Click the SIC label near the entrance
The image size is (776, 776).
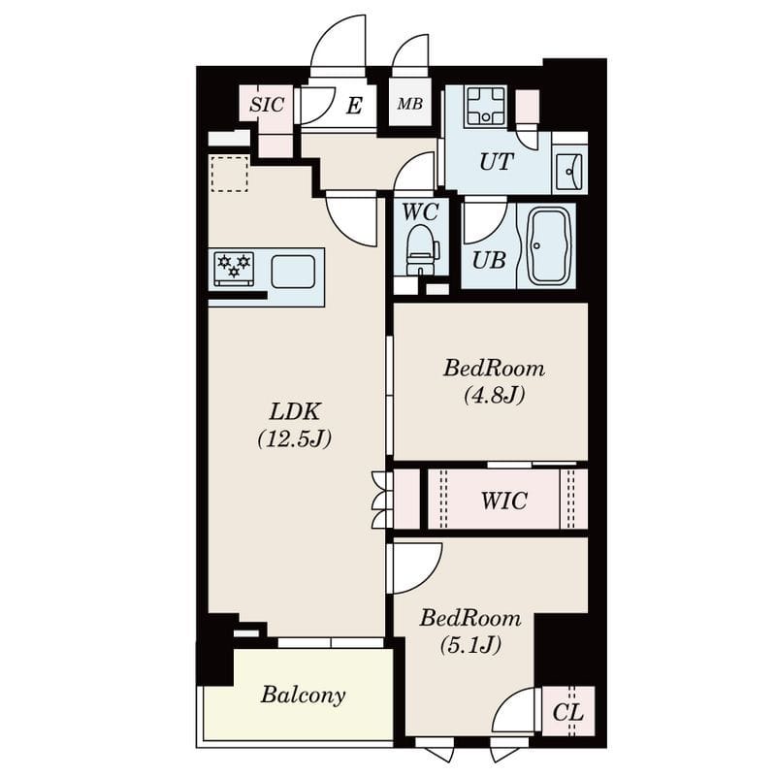tap(266, 105)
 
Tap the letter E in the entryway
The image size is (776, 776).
tap(354, 106)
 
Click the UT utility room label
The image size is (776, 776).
tap(495, 163)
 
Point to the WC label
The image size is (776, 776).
tap(420, 210)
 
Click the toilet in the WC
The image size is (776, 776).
tap(422, 250)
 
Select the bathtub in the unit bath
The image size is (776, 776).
tap(546, 245)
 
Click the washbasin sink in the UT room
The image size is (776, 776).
tap(569, 172)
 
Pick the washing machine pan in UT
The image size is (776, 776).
tap(485, 106)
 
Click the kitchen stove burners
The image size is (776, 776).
tap(233, 268)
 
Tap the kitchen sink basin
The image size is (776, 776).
tap(292, 272)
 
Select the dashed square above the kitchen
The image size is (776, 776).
tap(229, 174)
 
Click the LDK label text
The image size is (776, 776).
tap(295, 410)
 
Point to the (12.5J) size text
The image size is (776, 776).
tap(295, 438)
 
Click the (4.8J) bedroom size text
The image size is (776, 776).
tap(493, 395)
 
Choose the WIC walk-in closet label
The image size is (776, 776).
tap(504, 501)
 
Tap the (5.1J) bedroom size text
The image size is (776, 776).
tap(469, 644)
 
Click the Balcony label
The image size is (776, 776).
tap(303, 695)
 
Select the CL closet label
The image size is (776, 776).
tap(567, 713)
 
